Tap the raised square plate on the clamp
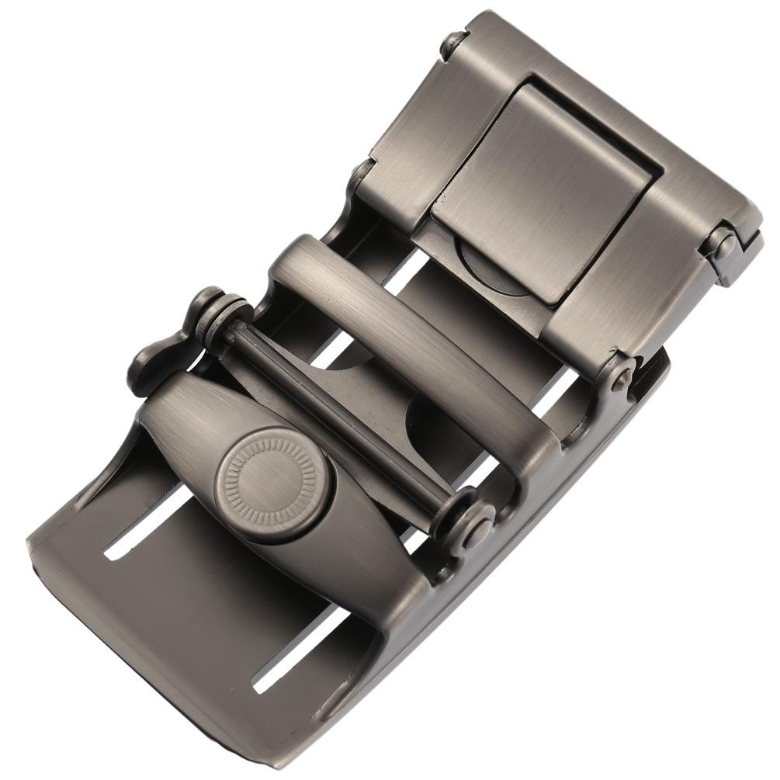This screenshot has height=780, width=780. coord(543,194)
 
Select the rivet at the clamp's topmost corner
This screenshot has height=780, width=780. coord(455,43)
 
